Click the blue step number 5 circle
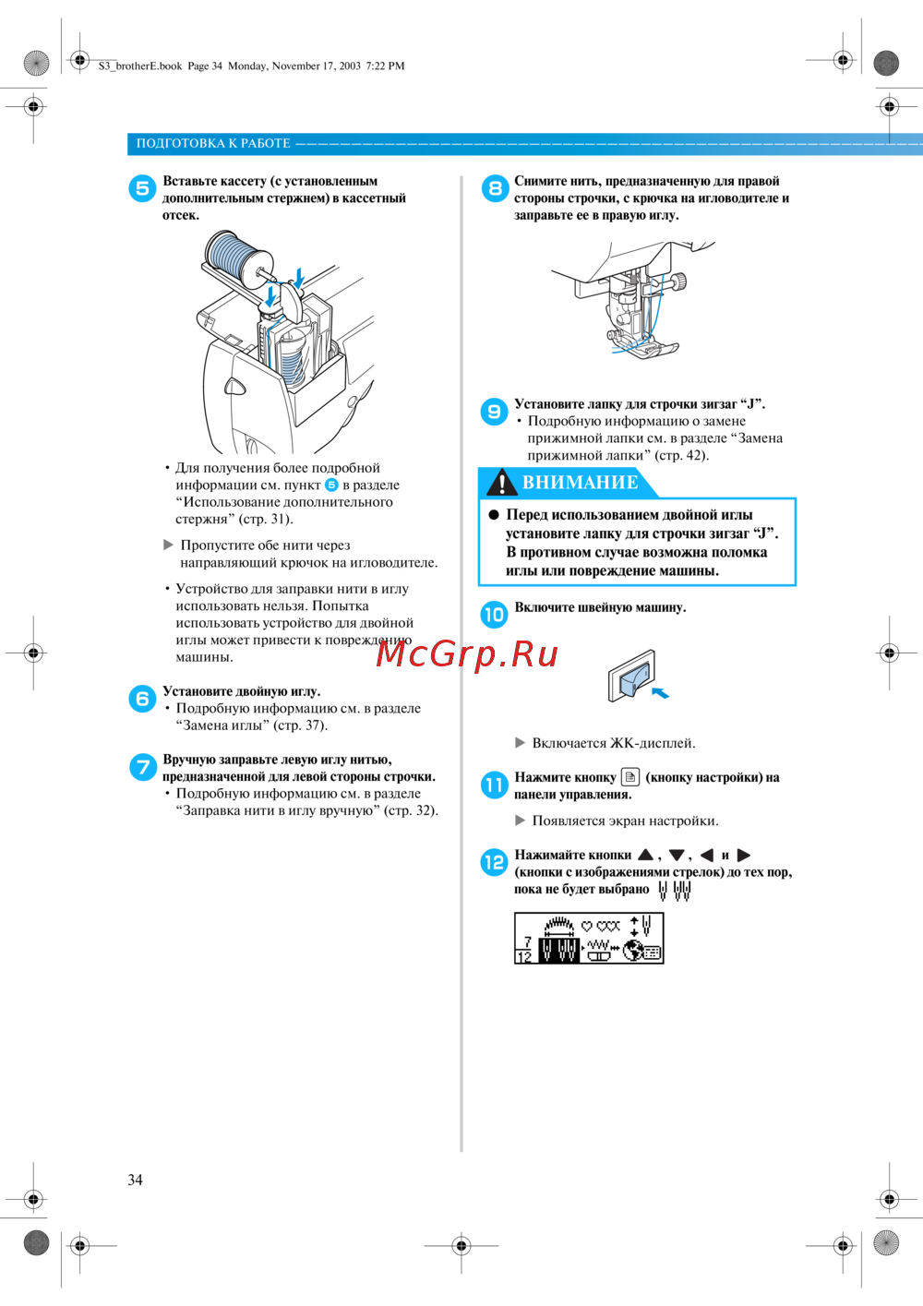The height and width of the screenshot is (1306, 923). click(x=142, y=188)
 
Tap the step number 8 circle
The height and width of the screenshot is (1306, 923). click(x=495, y=188)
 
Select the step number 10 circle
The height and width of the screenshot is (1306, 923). click(x=494, y=615)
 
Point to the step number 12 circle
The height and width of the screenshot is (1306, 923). click(x=494, y=862)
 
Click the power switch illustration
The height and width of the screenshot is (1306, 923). click(x=631, y=676)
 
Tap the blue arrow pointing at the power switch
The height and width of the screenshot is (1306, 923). click(x=660, y=692)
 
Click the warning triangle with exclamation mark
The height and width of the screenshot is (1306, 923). click(x=501, y=483)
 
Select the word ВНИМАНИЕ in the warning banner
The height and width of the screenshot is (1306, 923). click(x=581, y=482)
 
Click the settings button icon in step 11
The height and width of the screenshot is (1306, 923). click(x=630, y=776)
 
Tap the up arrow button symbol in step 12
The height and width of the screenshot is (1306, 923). click(x=645, y=855)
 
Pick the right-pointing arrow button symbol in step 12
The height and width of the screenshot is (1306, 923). click(x=743, y=856)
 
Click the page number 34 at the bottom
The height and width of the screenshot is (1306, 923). click(x=136, y=1180)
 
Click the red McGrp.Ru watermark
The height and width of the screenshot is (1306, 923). click(x=467, y=654)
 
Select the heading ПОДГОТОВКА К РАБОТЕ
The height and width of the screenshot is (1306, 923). click(x=213, y=143)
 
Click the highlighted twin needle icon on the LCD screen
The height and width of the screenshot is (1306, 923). click(x=558, y=951)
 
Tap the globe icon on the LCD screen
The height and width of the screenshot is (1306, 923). click(x=631, y=951)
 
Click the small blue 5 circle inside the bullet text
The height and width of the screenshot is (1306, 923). click(x=331, y=485)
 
